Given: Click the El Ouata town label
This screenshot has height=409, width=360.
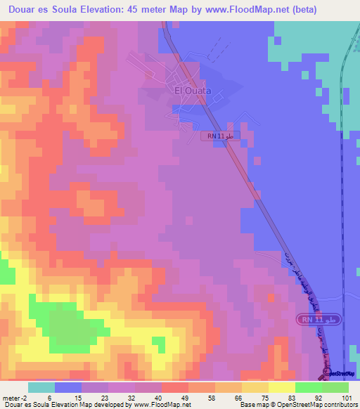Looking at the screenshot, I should [193, 90].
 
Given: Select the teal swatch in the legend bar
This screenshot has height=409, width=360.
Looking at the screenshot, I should [41, 387].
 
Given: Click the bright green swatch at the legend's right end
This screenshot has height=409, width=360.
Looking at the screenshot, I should [335, 387].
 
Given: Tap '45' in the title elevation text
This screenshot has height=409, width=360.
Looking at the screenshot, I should [140, 10].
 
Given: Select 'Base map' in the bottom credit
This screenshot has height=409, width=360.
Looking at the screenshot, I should [252, 405].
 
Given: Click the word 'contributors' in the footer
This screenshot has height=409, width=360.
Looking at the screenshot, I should [338, 405].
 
